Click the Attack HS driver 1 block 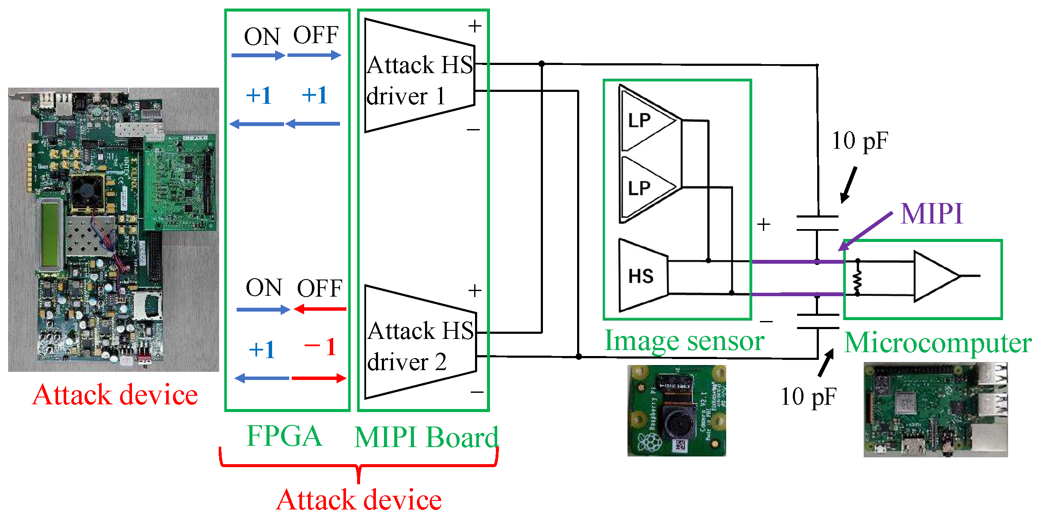419,77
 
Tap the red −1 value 320,347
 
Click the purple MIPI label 931,214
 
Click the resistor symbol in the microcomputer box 857,278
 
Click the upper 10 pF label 859,141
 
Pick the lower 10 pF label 808,397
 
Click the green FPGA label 284,436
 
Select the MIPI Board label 426,437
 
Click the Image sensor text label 684,341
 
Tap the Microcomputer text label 938,343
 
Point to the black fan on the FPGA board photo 87,192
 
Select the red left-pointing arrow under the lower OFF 320,309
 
